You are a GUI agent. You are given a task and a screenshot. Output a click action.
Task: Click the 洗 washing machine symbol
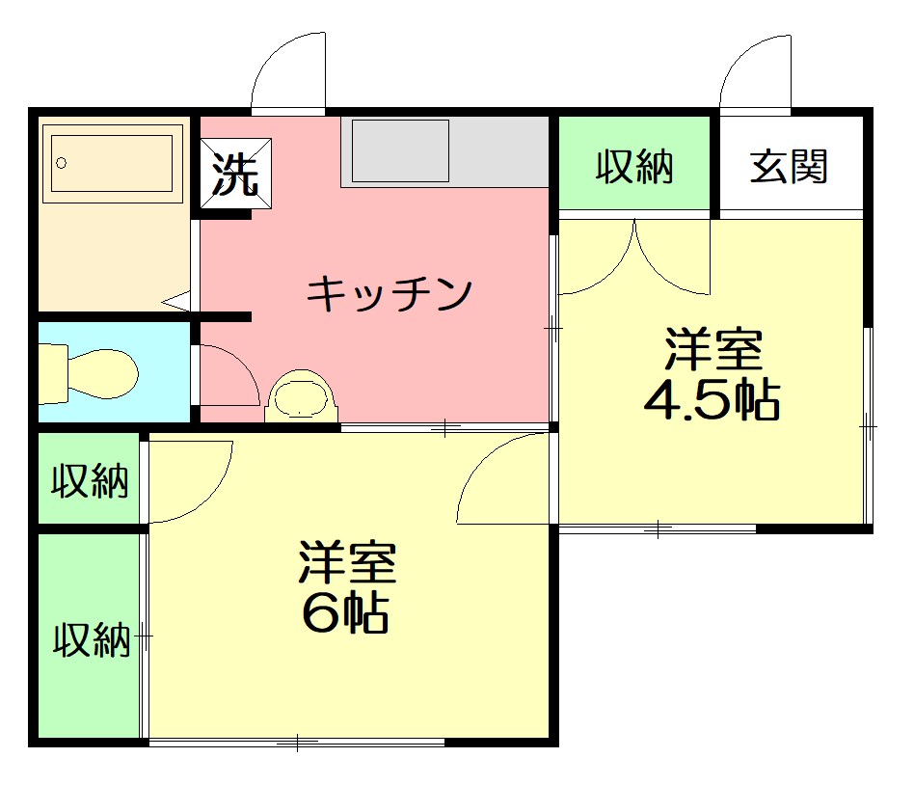(236, 174)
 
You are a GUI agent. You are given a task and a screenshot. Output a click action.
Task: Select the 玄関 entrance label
(790, 167)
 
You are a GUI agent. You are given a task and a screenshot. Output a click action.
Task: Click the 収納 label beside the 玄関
(633, 167)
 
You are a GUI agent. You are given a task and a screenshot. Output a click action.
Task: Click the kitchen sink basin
(400, 150)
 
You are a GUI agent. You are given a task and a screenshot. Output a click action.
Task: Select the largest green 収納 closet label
(91, 638)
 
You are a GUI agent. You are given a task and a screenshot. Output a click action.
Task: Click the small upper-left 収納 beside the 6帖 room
(90, 479)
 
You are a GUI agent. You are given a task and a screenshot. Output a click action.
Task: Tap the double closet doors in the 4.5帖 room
(635, 258)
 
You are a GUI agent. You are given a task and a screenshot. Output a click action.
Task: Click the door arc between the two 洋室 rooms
(501, 477)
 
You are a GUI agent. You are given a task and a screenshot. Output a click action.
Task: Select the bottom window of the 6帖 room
(297, 742)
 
